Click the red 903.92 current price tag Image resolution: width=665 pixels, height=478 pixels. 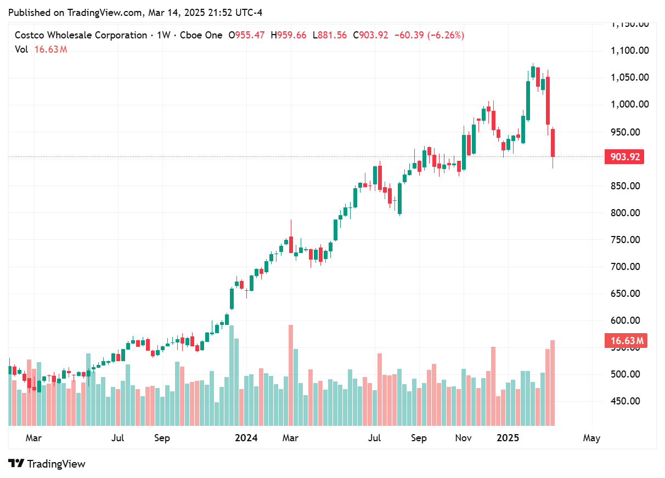624,157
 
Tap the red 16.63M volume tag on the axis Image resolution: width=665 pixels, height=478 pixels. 624,341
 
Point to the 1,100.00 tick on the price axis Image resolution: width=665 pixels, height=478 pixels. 630,50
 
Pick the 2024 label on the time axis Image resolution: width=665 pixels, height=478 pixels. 246,438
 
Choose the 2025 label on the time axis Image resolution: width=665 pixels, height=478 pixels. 508,438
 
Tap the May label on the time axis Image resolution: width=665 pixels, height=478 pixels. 591,438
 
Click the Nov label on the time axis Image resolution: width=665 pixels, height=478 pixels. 464,438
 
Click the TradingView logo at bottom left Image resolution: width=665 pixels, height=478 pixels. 47,464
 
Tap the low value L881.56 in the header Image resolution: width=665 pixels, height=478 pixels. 330,35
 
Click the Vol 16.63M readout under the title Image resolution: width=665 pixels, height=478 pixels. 41,49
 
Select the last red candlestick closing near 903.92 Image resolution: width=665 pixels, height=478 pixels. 553,143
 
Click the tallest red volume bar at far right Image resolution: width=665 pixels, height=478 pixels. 553,383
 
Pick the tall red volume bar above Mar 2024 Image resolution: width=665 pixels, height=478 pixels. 290,375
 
